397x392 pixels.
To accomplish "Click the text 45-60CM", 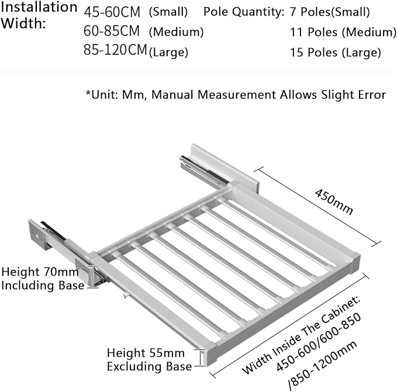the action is tap(112, 12).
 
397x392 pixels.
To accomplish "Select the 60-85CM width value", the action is tap(112, 31).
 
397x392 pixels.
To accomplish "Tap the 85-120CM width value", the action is tap(115, 50).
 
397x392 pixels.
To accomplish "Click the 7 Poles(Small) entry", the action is tap(330, 12).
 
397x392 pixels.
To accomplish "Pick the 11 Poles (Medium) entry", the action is tap(343, 32).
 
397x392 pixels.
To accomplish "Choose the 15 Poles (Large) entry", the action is tap(336, 53).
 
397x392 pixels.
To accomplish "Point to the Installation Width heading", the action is tap(39, 15).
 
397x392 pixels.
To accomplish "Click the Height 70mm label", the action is tap(40, 272).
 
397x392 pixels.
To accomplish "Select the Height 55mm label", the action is tap(146, 353).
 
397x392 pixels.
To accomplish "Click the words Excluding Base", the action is tap(149, 367).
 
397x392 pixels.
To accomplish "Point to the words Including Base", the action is tap(43, 286).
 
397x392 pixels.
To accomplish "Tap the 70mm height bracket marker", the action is tap(93, 277).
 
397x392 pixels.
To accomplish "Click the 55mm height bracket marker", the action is tap(202, 357).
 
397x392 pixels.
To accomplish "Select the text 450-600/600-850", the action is tap(318, 342).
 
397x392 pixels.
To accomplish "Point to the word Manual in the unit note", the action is tap(172, 95).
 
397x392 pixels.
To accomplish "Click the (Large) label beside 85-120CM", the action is tap(168, 53).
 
